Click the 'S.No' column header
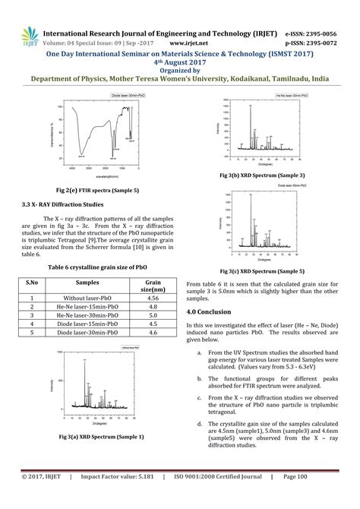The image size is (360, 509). click(x=33, y=282)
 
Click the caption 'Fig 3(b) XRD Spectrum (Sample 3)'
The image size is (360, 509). click(x=261, y=175)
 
